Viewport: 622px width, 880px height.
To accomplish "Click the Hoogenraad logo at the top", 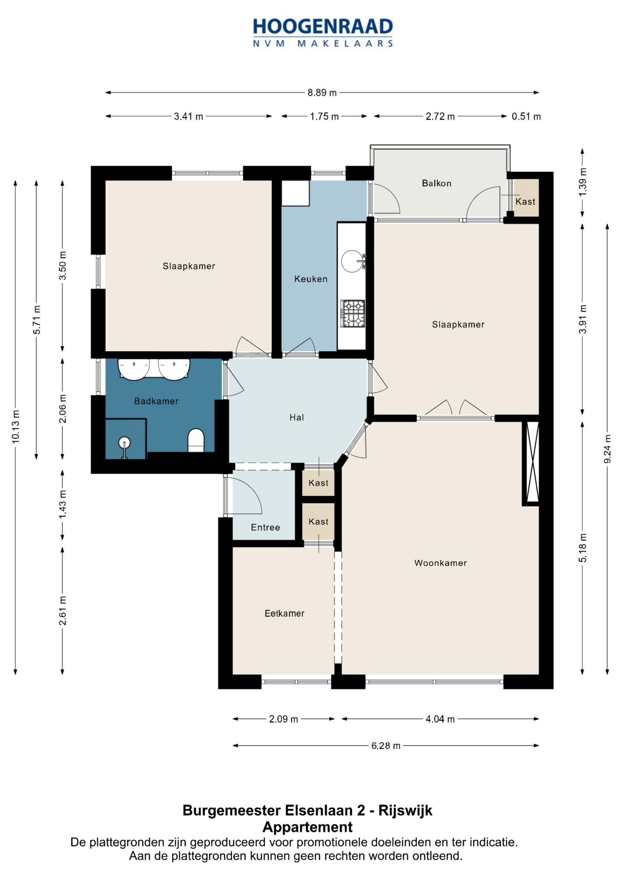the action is click(323, 32).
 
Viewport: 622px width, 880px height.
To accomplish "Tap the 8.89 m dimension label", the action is click(322, 92).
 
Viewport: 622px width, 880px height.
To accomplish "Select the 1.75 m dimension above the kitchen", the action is click(324, 116).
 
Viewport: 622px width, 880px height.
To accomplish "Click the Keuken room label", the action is click(311, 279).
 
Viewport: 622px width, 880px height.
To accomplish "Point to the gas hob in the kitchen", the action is click(353, 313).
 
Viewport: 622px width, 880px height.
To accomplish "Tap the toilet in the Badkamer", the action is click(196, 440).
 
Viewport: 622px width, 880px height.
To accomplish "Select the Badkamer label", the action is click(156, 401).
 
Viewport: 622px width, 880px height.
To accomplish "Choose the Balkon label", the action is click(436, 183).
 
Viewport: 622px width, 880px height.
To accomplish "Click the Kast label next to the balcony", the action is click(525, 201).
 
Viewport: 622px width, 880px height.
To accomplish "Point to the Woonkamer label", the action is click(440, 563).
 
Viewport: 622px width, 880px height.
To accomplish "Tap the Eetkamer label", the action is click(284, 613).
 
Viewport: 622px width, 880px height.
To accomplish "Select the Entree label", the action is click(265, 527).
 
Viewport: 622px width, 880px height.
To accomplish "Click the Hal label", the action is click(296, 417).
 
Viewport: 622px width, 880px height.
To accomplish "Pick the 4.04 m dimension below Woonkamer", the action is click(440, 719).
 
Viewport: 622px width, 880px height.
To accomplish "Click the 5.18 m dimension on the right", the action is click(583, 547).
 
